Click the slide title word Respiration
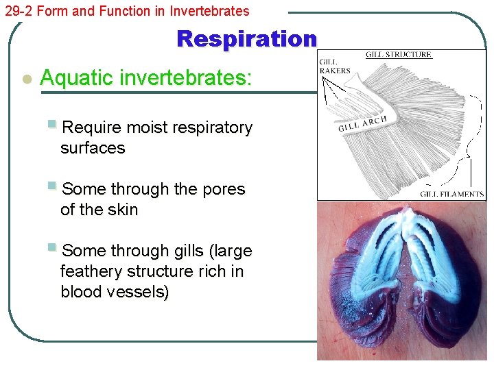click(x=246, y=39)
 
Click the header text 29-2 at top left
click(x=19, y=11)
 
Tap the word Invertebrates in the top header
click(x=211, y=11)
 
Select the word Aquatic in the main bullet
click(x=77, y=78)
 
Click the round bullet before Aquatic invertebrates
click(x=26, y=79)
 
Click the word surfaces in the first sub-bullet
click(x=93, y=148)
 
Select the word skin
click(x=122, y=210)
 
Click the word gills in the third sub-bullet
click(x=187, y=251)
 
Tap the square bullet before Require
click(x=52, y=125)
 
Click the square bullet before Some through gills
click(x=52, y=248)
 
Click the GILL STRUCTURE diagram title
click(x=398, y=55)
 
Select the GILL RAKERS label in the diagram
click(x=334, y=66)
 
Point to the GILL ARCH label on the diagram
click(x=363, y=123)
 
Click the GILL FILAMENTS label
click(x=451, y=194)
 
